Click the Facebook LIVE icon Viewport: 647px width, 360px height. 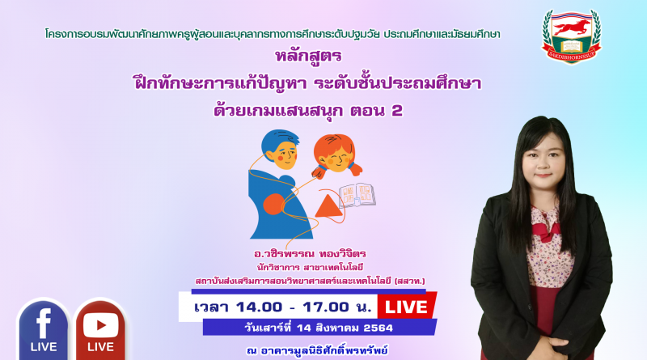(x=44, y=330)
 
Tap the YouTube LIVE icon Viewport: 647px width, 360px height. (x=100, y=330)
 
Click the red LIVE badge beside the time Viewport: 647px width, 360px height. (x=407, y=307)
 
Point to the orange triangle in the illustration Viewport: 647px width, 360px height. (x=328, y=206)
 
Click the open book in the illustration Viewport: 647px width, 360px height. (x=357, y=195)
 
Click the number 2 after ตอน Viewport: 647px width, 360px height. (x=396, y=111)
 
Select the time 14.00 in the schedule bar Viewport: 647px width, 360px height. (x=260, y=307)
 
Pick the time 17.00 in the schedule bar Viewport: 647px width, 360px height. (x=326, y=307)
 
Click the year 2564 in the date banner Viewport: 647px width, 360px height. (x=378, y=328)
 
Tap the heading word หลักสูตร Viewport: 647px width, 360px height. (x=309, y=56)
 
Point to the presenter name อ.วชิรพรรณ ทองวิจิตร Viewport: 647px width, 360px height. (x=311, y=253)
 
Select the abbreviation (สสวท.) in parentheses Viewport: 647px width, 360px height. (x=410, y=282)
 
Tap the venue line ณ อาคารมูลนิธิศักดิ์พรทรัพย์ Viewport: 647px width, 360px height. (x=317, y=350)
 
